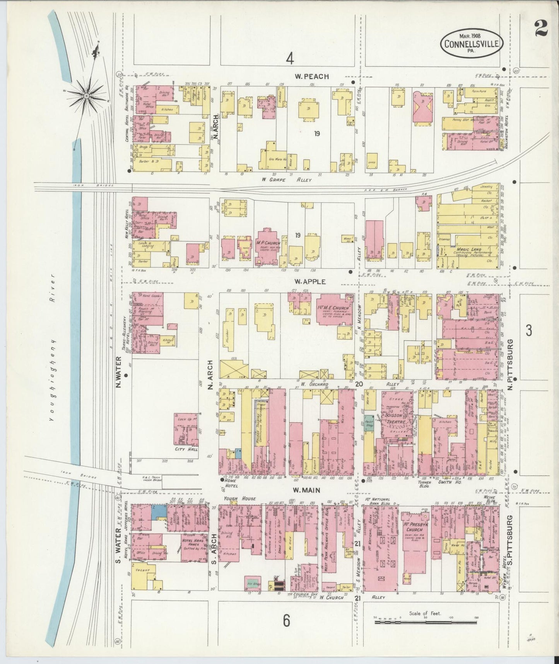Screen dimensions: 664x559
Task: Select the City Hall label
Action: [x=186, y=449]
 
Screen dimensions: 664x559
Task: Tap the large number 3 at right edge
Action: [x=529, y=330]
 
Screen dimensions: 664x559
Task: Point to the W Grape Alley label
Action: [x=286, y=179]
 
